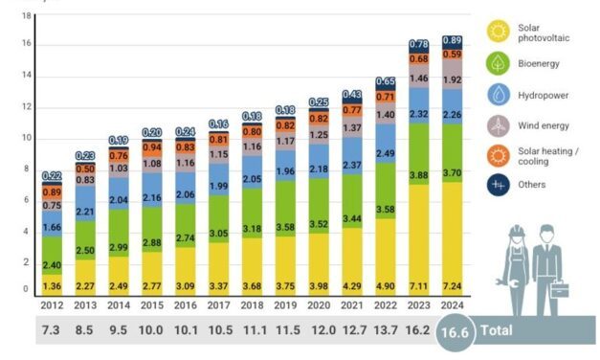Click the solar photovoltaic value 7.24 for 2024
pos(453,285)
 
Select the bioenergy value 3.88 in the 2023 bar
pos(418,174)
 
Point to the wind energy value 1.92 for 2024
pos(453,80)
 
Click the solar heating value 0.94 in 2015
pos(152,147)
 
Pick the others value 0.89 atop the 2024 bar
pos(453,40)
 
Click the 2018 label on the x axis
pos(253,304)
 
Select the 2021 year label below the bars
pos(352,304)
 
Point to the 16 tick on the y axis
pos(28,44)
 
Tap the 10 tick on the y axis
pos(28,138)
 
